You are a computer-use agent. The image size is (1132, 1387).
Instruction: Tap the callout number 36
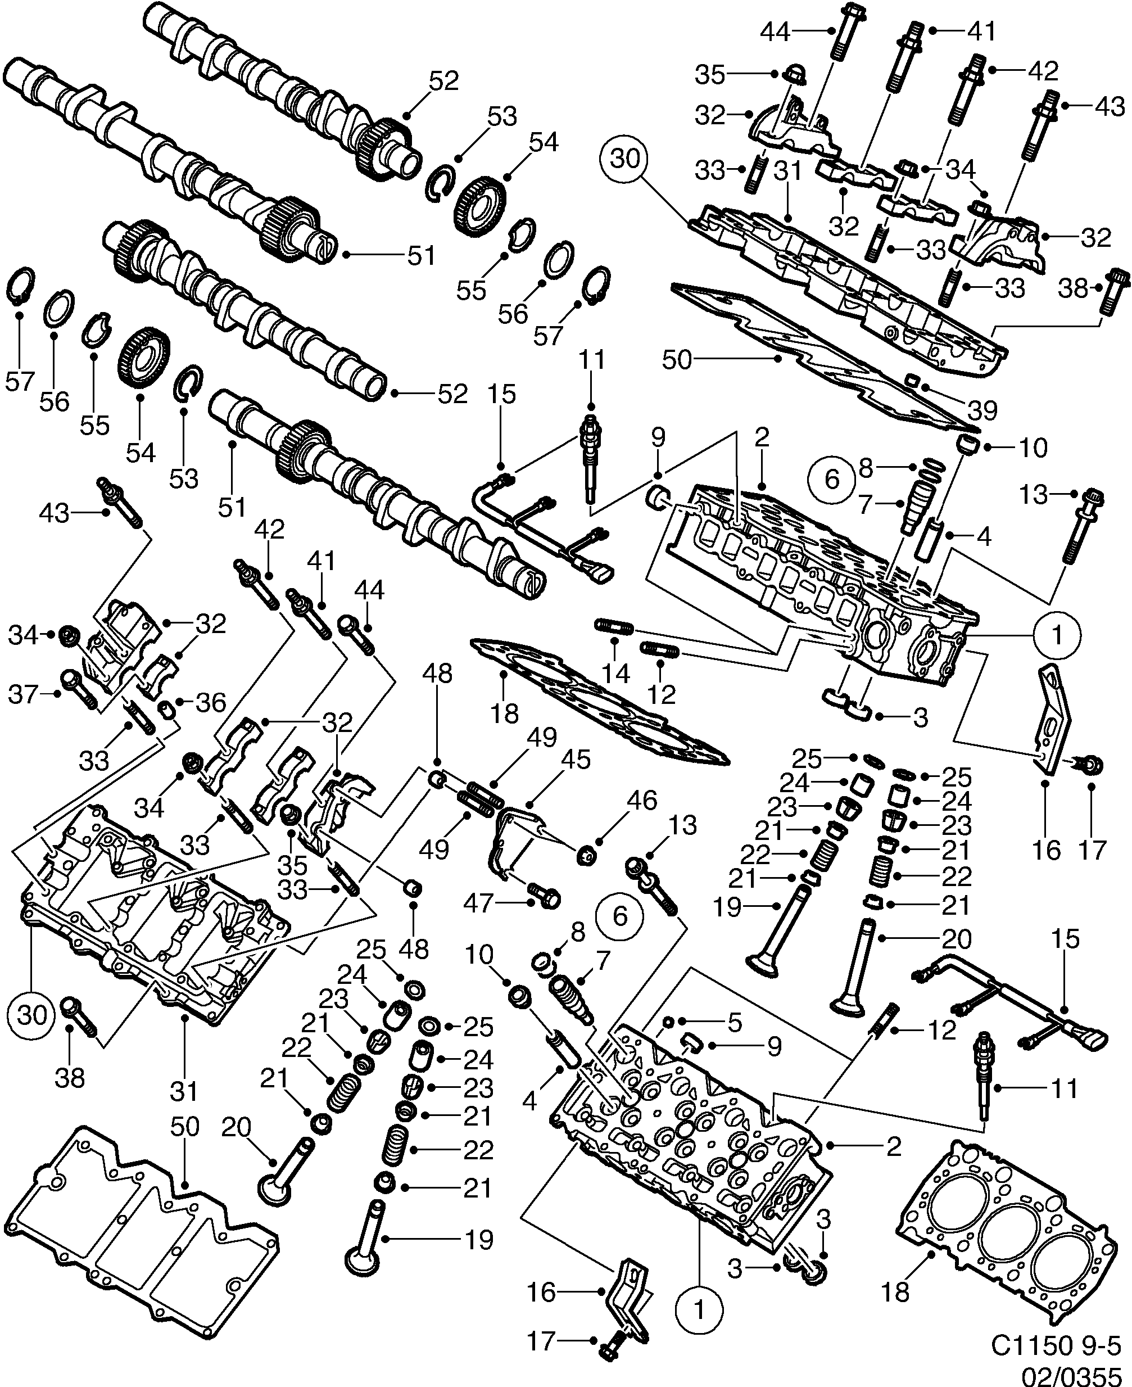tap(211, 703)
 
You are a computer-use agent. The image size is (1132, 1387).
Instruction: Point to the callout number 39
tap(982, 410)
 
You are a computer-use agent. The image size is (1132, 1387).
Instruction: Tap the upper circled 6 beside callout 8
tap(832, 479)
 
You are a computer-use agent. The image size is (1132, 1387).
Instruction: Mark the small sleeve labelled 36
tap(167, 709)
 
